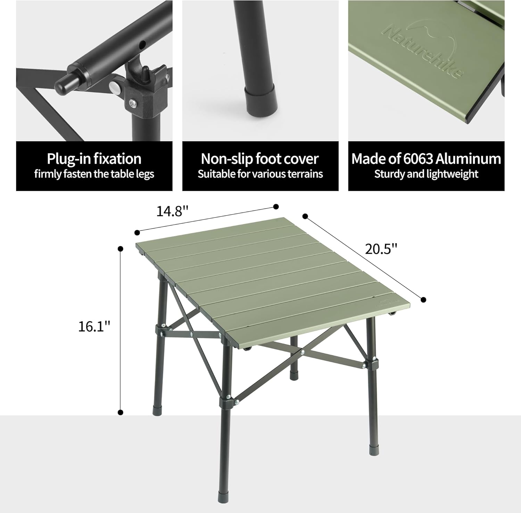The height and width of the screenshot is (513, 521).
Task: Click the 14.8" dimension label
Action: coord(172,211)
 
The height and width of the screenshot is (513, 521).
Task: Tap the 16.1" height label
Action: coord(94,326)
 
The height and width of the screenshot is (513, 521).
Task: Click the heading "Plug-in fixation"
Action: coord(94,159)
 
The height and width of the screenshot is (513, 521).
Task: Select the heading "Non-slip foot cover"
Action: coord(260,159)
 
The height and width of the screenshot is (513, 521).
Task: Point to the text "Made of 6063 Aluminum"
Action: coord(426,159)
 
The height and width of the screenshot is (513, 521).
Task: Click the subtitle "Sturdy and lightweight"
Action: coord(426,174)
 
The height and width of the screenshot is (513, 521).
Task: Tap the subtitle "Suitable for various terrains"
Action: coord(260,174)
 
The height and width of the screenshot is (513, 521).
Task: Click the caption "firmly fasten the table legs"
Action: coord(94,174)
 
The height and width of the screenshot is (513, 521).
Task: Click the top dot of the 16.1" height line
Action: coord(121,249)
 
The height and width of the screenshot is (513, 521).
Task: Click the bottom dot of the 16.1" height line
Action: coord(121,412)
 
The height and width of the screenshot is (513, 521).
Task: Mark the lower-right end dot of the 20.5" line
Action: coord(423,300)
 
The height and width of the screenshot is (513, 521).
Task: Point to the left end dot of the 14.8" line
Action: coord(137,232)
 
